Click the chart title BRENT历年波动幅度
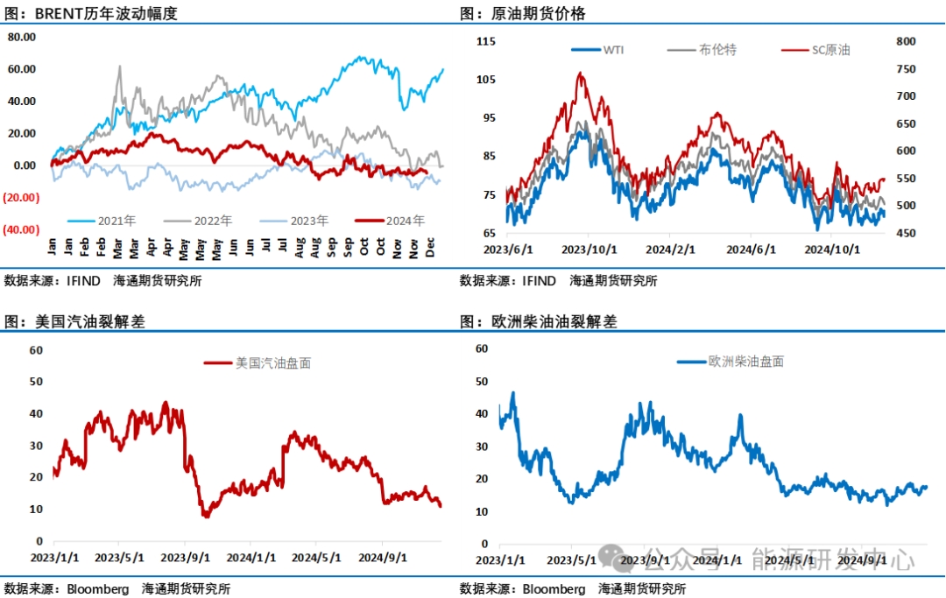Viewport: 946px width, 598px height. tap(105, 14)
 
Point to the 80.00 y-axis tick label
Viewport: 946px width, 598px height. tap(21, 37)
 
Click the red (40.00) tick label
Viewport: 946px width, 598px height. tap(21, 229)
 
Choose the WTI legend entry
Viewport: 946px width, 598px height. tap(613, 50)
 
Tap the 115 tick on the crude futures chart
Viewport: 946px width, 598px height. tap(486, 41)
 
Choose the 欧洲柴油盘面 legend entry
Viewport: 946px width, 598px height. tap(746, 361)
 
